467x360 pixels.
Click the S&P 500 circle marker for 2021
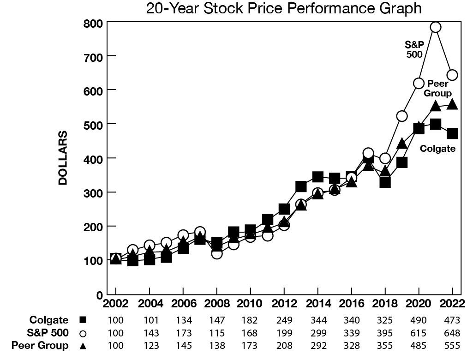tap(436, 27)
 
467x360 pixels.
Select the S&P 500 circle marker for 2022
tap(452, 75)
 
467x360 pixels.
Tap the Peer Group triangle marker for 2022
tap(452, 104)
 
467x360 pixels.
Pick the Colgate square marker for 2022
tap(452, 133)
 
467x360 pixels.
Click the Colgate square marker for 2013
tap(301, 187)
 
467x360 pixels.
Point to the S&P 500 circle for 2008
tap(217, 254)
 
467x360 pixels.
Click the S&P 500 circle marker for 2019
tap(402, 116)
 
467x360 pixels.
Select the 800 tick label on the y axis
tap(93, 24)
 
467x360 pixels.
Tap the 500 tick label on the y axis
tap(93, 124)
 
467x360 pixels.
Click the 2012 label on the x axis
tap(284, 303)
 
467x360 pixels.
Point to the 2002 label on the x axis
tap(115, 303)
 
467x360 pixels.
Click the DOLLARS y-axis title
tap(63, 158)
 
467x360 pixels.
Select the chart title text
tap(284, 8)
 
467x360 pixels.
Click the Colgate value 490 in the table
tap(419, 320)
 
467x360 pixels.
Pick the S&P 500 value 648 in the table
tap(452, 333)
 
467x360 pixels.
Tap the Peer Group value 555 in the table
tap(452, 346)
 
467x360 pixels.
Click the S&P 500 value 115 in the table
tap(217, 333)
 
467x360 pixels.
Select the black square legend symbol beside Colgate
tap(83, 320)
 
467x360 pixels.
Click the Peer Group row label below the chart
tap(40, 345)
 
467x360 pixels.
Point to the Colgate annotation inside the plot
tap(437, 149)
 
